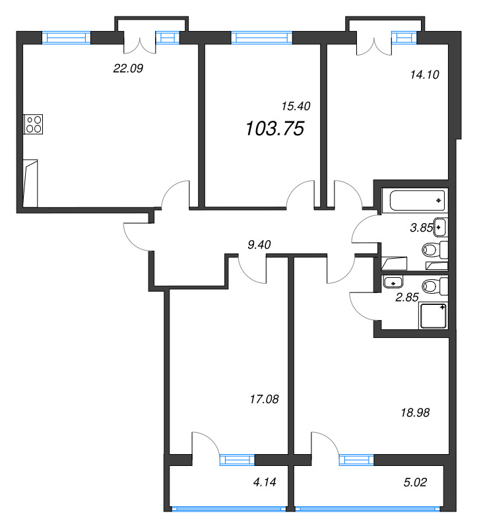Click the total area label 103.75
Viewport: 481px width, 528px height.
tap(274, 129)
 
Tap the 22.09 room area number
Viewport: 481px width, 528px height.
tap(128, 69)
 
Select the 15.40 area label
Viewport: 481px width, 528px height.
tap(296, 106)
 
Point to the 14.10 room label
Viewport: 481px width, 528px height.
tap(424, 75)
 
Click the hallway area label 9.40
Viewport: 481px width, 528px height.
tap(259, 245)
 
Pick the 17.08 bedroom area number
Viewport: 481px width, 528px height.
tap(264, 399)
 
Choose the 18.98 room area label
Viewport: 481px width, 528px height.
tap(415, 413)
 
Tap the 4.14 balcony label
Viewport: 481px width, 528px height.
tap(265, 482)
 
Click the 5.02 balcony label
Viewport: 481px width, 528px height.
tap(415, 482)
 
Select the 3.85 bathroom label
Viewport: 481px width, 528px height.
tap(421, 228)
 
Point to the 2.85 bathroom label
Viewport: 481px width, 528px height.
tap(406, 298)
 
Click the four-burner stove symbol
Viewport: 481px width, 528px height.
tap(34, 124)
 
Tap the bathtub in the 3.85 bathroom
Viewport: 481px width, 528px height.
tap(417, 201)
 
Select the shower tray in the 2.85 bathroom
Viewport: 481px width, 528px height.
tap(433, 315)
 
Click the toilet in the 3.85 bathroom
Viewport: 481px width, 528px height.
tap(435, 249)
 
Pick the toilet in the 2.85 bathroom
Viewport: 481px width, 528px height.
tap(435, 286)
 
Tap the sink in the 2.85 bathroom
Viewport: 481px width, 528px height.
tap(393, 282)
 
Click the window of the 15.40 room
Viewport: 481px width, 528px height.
tap(261, 38)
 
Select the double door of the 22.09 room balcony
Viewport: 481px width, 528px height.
tap(140, 43)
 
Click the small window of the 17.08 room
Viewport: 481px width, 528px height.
tap(237, 460)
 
